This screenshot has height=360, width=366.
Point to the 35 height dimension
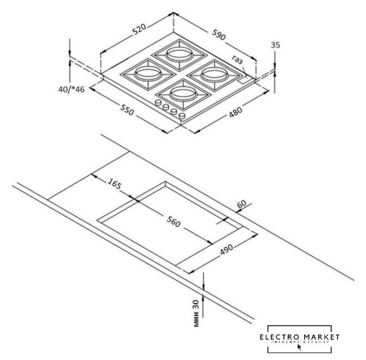pos(275,45)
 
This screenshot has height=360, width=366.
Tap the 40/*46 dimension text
pos(70,89)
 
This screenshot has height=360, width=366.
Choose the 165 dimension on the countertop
pos(115,183)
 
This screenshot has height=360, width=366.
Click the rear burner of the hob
pos(177,55)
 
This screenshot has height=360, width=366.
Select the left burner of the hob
pos(145,73)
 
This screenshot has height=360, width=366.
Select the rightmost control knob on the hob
pos(182,116)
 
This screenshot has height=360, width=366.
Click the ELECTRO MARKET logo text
pos(300,336)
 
